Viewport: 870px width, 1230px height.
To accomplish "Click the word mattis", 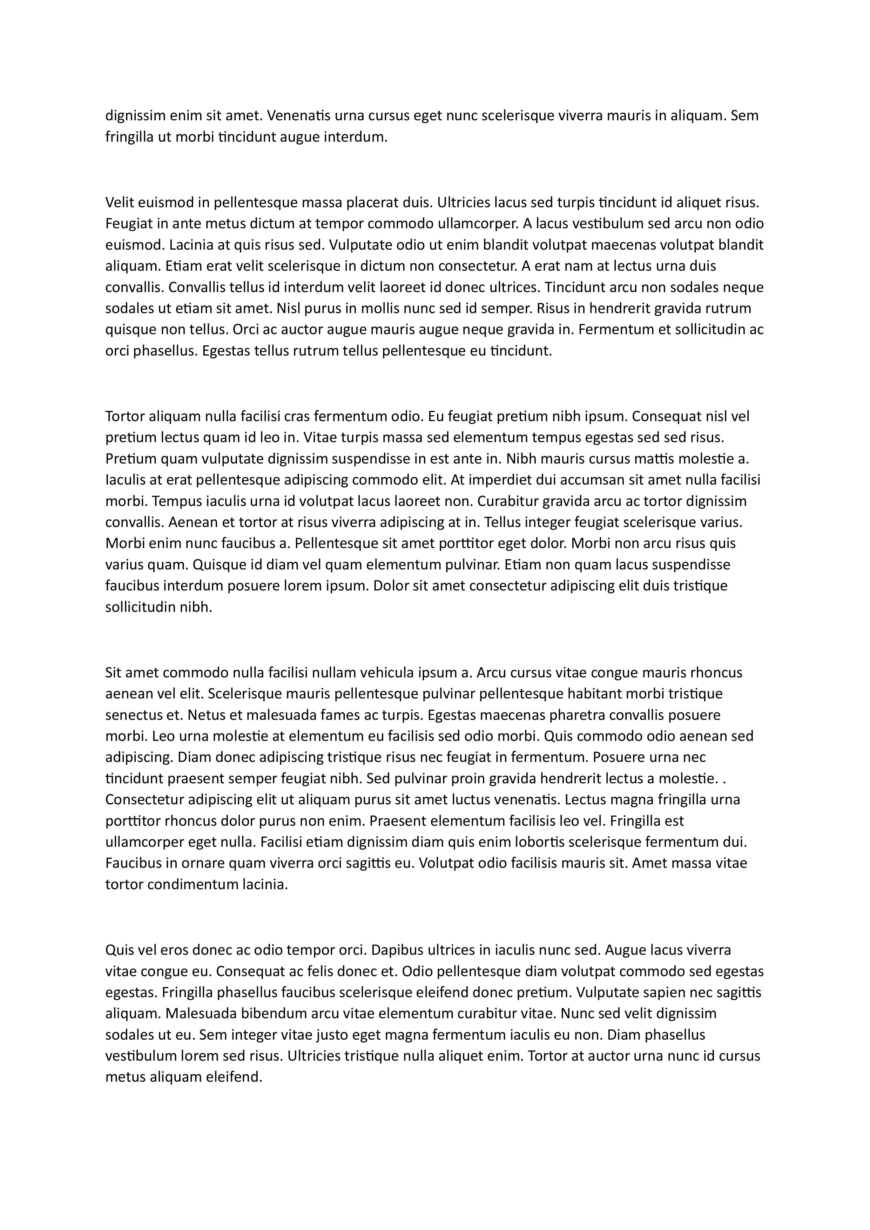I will click(654, 459).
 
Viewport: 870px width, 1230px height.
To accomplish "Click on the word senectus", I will click(131, 715).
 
